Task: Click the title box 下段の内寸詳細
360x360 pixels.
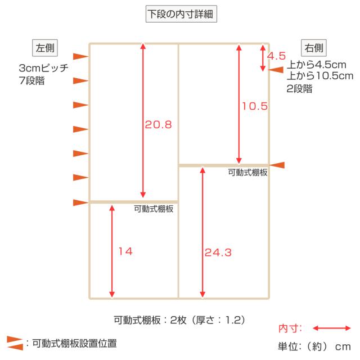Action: click(x=181, y=14)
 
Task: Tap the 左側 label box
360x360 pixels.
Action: click(x=45, y=48)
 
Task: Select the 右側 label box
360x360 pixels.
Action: click(x=314, y=48)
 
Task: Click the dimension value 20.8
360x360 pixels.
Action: click(x=159, y=125)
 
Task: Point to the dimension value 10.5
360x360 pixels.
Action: click(x=255, y=106)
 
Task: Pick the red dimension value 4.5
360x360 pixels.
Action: click(x=276, y=56)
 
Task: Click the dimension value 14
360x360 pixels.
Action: click(x=125, y=251)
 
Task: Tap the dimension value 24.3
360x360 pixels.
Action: click(x=218, y=253)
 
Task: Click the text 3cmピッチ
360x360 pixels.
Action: click(x=44, y=68)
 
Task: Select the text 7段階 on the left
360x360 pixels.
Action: click(x=31, y=80)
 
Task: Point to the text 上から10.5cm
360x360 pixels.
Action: click(x=320, y=76)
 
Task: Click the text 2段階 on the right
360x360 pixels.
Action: click(x=299, y=89)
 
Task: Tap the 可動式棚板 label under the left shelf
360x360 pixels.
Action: click(x=154, y=209)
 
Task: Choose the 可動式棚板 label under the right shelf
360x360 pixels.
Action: click(x=247, y=173)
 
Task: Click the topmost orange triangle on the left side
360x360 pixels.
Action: click(x=81, y=56)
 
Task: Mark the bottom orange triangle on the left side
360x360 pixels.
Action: click(x=81, y=202)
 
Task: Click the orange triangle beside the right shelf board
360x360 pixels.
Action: click(x=277, y=165)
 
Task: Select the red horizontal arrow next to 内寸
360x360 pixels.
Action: click(x=332, y=328)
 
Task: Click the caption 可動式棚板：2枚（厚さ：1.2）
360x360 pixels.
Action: click(x=179, y=320)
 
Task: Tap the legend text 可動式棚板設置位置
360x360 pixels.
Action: click(x=74, y=344)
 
